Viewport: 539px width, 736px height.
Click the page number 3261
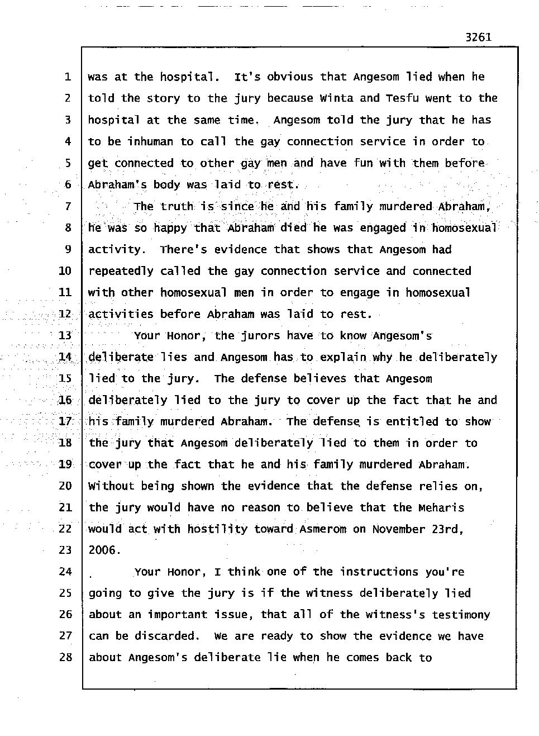(478, 37)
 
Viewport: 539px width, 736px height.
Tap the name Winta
(336, 98)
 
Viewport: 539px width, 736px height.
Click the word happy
(170, 228)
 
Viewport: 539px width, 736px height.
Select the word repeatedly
(121, 271)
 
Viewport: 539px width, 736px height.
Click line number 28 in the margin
(66, 657)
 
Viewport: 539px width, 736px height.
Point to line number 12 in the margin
(66, 314)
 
